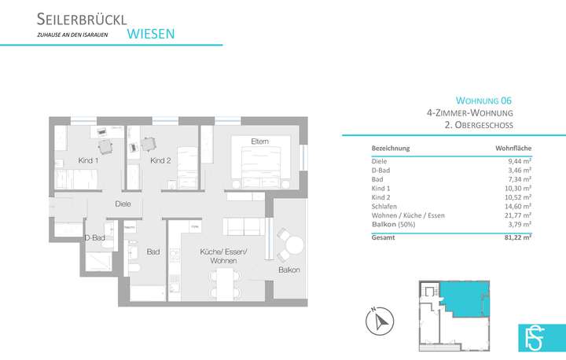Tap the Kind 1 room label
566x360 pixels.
pos(88,160)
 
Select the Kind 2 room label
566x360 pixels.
pos(160,160)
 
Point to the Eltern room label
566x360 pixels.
pos(259,141)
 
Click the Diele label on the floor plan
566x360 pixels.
pos(123,204)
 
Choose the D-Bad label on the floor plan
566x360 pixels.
pos(95,237)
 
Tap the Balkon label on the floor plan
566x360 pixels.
pos(288,270)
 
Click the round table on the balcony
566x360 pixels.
pos(294,246)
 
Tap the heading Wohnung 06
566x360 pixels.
pos(484,101)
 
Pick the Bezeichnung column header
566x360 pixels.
pos(390,149)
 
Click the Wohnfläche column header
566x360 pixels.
pos(513,149)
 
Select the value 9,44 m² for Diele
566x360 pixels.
pos(518,160)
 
